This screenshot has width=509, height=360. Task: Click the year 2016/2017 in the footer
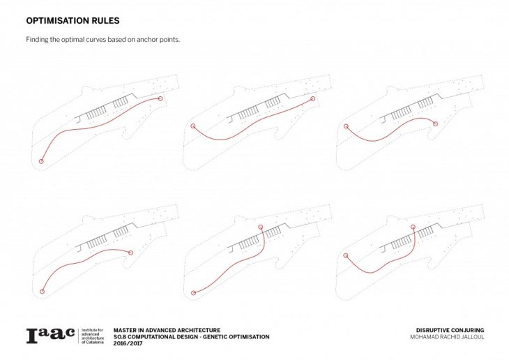pos(128,343)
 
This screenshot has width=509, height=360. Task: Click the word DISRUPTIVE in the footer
pos(434,329)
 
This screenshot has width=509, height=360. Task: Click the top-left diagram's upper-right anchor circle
pos(160,99)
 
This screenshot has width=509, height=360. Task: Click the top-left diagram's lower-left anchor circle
pos(41,161)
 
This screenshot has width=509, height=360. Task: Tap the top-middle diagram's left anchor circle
pos(193,126)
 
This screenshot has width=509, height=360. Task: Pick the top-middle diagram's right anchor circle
pos(312,98)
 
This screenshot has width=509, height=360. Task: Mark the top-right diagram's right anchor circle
pos(436,124)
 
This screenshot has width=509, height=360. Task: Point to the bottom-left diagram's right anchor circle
pos(131,253)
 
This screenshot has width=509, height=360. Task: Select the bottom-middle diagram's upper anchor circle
pos(260,227)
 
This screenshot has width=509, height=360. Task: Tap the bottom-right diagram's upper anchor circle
pos(413,227)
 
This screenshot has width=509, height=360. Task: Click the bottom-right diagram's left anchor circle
pos(346,256)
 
